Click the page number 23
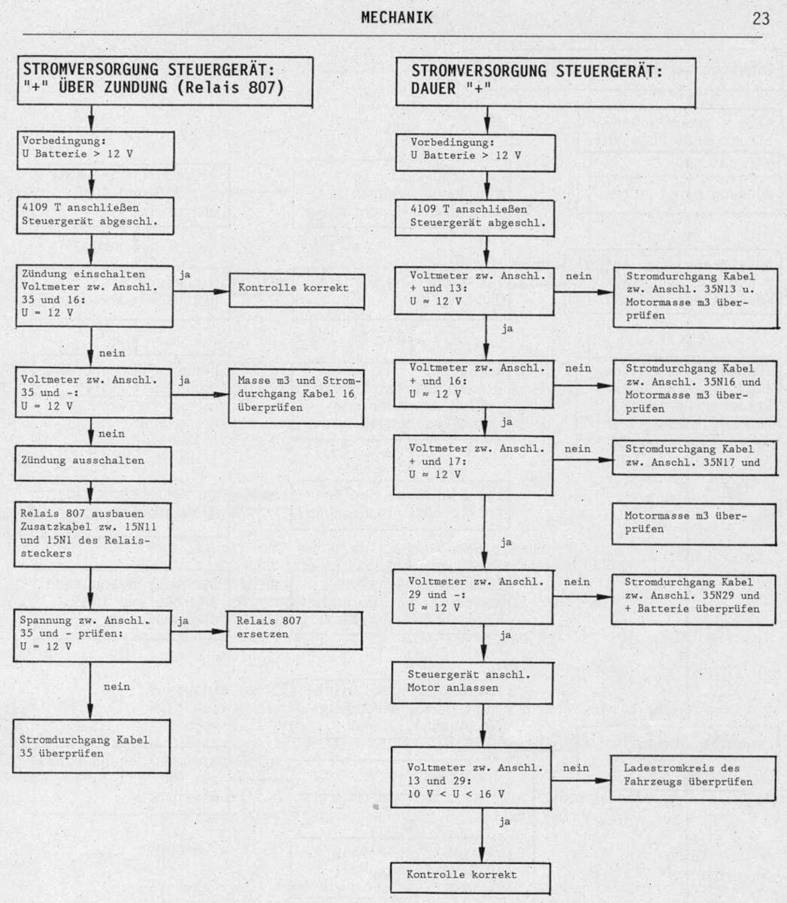pos(761,19)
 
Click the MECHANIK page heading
pos(397,17)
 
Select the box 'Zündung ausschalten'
pos(93,464)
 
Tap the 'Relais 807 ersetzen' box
pos(295,630)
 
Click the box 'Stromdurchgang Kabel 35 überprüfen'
pos(91,746)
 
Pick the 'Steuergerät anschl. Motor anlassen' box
pos(472,683)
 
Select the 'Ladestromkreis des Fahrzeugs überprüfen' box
pos(693,777)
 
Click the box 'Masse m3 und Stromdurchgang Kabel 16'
pos(296,397)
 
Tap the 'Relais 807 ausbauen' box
pos(92,534)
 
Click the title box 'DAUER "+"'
pos(546,82)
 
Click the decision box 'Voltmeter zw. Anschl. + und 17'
pos(473,465)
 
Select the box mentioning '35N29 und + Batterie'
pos(693,599)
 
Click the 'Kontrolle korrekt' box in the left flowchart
pos(297,290)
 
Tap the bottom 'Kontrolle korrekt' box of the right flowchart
pos(471,878)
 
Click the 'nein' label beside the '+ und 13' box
pos(579,276)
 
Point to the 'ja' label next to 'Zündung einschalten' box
pos(185,275)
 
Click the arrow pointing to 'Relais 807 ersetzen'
pos(199,631)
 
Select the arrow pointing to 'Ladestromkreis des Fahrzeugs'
pos(580,780)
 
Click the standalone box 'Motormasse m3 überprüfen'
pos(694,524)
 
